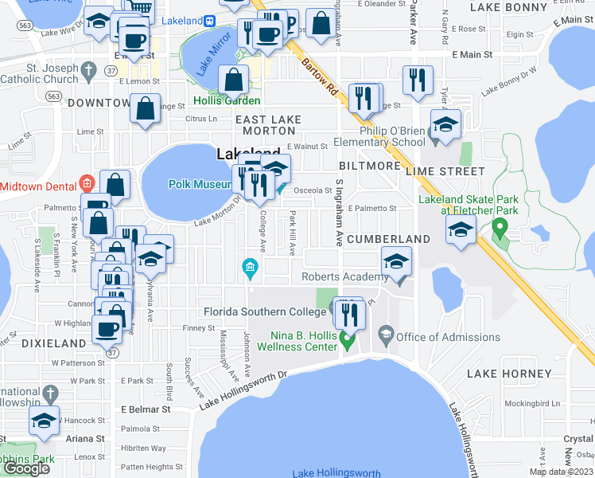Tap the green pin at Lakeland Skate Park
500,229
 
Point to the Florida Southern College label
265,311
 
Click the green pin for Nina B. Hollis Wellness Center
347,341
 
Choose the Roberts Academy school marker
396,263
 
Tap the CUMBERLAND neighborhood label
388,239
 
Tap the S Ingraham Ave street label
339,214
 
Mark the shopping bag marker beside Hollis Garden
234,80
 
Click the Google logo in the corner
26,468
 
